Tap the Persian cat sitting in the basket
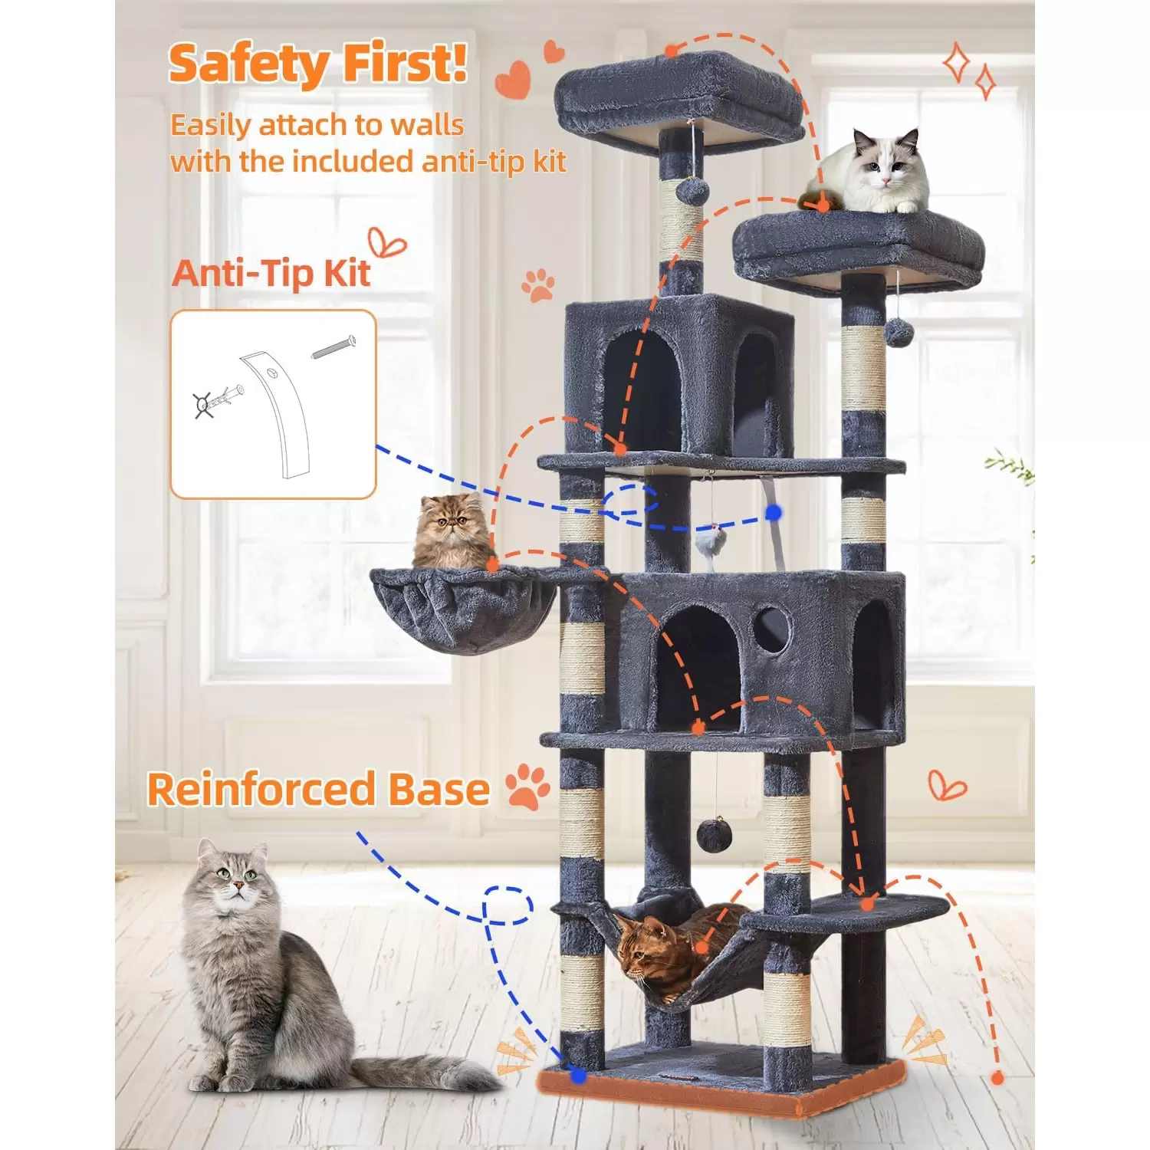pos(452,532)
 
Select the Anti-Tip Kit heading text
pos(271,273)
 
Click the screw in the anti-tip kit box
pos(333,347)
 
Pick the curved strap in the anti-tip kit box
pos(280,414)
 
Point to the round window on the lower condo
pos(770,629)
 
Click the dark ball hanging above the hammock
pos(714,836)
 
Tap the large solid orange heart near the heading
pos(513,80)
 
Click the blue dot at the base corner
pos(578,1076)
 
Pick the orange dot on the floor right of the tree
pos(997,1078)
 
